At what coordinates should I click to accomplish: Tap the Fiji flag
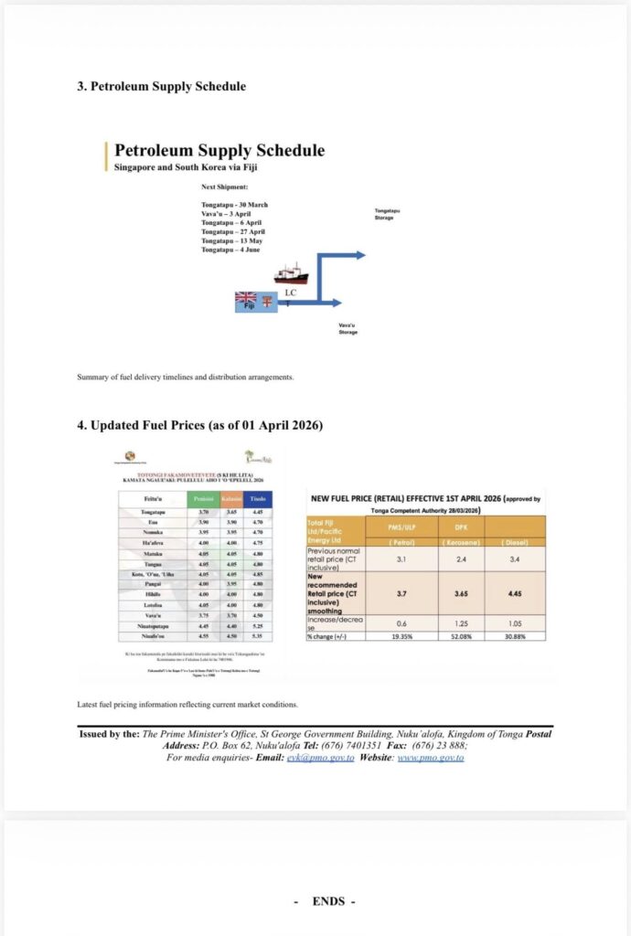(245, 298)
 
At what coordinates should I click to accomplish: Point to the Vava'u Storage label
(348, 328)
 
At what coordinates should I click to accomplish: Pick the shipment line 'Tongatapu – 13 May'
(232, 240)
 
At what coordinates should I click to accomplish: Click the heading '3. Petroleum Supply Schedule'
(161, 87)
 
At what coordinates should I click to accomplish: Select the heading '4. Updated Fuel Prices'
(199, 425)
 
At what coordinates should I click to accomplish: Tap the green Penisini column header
(202, 498)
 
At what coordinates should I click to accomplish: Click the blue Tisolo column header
(259, 498)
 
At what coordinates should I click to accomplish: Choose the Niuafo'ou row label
(154, 633)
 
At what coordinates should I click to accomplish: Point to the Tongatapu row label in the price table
(154, 513)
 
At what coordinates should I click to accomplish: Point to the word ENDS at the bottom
(328, 901)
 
